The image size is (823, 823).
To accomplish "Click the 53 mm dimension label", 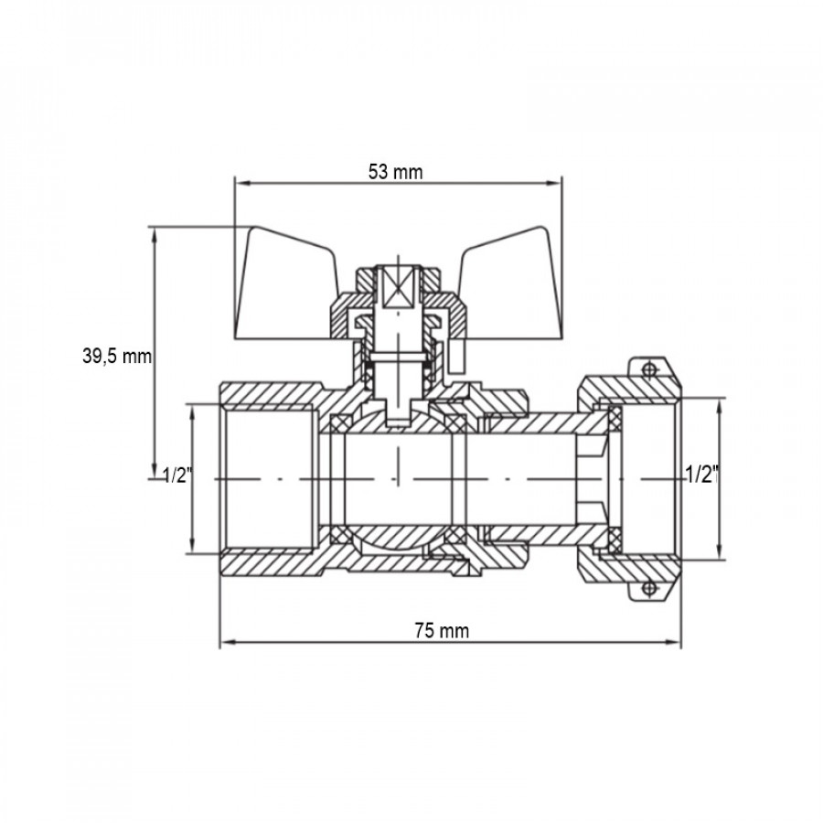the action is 395,172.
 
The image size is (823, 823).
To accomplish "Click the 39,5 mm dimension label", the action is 116,357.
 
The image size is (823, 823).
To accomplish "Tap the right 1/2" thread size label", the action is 701,475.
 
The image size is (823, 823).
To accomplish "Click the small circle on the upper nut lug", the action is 650,369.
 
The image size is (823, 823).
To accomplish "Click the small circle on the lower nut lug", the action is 650,588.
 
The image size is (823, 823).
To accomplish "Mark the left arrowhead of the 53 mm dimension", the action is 242,183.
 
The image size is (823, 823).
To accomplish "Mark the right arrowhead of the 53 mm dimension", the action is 554,183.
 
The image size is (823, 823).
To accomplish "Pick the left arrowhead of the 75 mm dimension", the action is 228,641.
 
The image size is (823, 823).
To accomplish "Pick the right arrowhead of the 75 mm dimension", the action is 673,641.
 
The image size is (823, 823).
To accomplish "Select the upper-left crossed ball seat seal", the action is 338,424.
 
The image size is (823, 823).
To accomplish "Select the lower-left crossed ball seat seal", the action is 338,535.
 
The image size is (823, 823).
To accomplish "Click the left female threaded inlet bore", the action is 270,478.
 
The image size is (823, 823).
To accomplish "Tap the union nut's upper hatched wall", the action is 630,390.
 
